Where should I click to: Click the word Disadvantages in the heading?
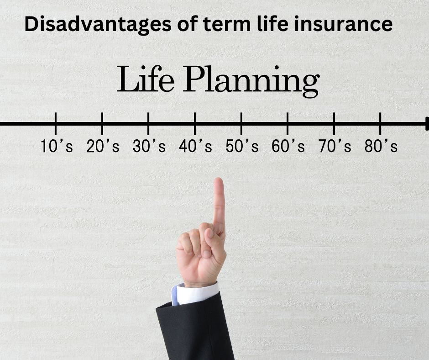98,24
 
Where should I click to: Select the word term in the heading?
226,24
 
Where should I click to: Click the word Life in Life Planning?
146,79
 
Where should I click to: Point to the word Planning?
251,81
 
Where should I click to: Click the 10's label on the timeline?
57,146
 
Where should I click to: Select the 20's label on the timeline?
103,146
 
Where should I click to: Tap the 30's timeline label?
149,146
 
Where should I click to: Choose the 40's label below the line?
195,146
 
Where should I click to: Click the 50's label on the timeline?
242,146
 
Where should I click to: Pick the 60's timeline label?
288,146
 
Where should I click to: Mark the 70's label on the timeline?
335,146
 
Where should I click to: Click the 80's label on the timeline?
381,146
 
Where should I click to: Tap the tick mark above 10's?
56,123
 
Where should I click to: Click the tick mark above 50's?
241,123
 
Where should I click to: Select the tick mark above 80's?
380,123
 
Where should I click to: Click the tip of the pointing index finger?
218,179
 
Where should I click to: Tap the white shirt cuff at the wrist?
195,294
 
